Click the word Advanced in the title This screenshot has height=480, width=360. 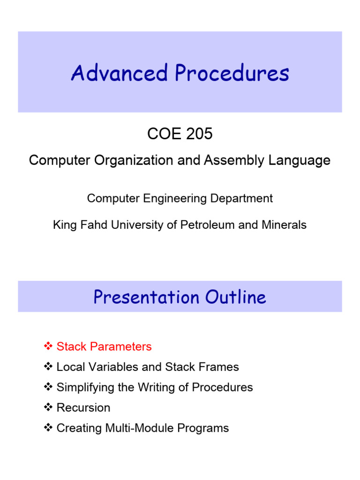pos(120,74)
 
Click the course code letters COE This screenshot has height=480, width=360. pos(162,134)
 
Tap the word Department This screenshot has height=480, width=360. pos(241,198)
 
